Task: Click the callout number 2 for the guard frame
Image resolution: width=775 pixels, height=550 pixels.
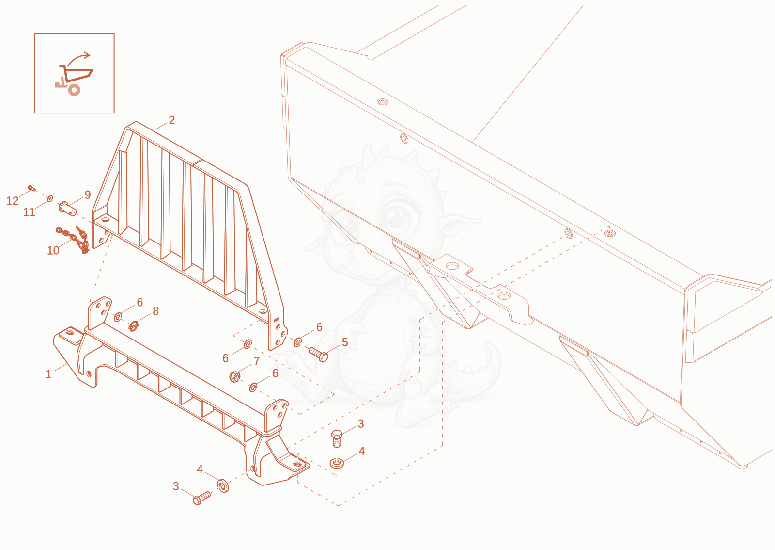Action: (171, 120)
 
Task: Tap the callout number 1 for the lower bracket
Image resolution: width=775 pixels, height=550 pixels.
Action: (49, 374)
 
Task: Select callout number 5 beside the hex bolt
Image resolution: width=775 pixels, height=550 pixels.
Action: (344, 342)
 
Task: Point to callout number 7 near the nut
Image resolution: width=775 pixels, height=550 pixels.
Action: (256, 361)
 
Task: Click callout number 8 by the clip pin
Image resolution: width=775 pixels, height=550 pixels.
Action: (155, 311)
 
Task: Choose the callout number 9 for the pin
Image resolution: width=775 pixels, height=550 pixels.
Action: (88, 194)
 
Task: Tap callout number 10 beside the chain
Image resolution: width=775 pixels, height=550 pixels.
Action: (53, 250)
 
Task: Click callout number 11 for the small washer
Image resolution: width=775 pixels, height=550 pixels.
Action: (29, 212)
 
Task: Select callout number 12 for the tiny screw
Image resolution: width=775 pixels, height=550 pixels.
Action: (13, 201)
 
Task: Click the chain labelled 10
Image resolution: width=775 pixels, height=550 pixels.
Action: (73, 239)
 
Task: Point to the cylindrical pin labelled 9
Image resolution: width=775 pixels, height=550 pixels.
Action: (67, 209)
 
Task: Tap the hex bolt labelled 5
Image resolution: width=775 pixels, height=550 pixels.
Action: (318, 355)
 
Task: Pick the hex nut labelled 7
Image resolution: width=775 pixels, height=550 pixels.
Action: (235, 376)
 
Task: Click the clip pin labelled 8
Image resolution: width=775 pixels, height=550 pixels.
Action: (134, 326)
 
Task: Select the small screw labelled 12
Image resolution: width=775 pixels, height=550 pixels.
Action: (32, 188)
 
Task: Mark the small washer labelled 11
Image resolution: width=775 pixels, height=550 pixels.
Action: (50, 198)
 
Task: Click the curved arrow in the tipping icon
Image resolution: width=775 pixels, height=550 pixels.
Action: (78, 58)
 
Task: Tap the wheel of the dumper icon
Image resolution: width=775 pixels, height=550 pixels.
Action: (74, 90)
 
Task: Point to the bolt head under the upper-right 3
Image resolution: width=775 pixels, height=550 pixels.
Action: (337, 434)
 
